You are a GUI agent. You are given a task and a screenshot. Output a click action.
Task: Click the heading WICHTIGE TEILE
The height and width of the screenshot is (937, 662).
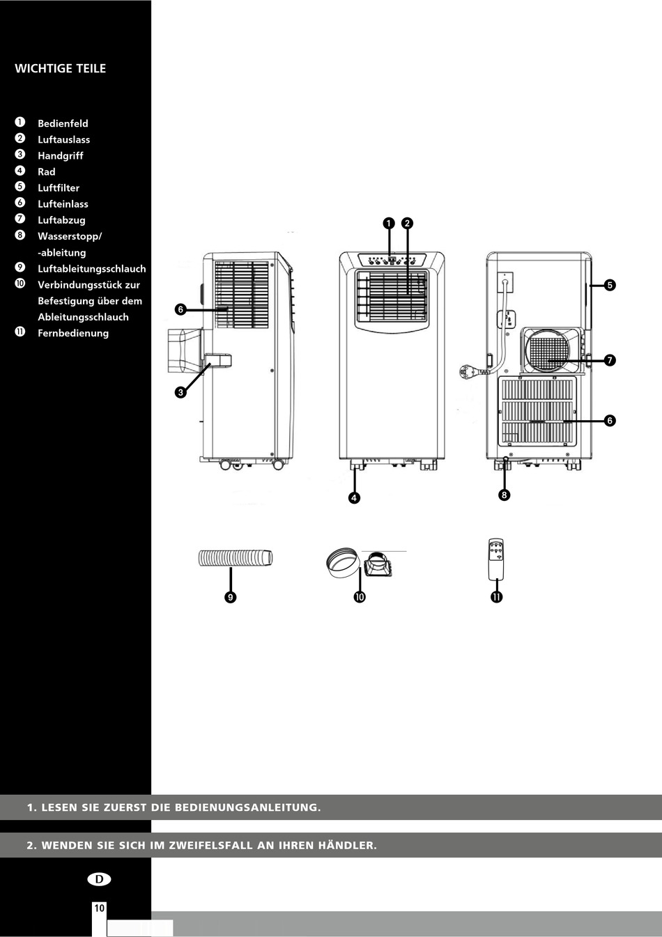[x=60, y=68]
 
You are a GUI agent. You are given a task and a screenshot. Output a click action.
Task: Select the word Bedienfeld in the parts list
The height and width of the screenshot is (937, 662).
[x=63, y=123]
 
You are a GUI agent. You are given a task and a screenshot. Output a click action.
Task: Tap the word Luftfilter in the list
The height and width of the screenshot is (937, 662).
[x=59, y=188]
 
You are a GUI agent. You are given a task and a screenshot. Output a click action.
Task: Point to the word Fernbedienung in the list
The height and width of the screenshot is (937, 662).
[x=73, y=333]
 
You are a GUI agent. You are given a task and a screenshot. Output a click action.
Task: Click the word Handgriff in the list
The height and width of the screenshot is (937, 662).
[x=61, y=155]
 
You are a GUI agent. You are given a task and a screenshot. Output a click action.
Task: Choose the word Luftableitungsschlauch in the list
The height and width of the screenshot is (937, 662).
[x=92, y=269]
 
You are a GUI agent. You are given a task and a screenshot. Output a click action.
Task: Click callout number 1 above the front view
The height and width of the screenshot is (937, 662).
[x=389, y=223]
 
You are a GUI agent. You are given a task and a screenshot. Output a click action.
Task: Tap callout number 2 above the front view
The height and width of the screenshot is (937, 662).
[x=408, y=223]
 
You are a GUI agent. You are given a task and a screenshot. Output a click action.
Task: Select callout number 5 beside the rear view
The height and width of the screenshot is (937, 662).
[x=610, y=285]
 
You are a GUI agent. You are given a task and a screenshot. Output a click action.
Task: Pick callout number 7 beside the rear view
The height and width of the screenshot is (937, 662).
[x=610, y=360]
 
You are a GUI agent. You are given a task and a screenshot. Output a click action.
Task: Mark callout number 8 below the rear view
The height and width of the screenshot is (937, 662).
[x=504, y=495]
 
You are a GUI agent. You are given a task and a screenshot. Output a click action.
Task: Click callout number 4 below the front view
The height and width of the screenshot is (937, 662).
[x=355, y=497]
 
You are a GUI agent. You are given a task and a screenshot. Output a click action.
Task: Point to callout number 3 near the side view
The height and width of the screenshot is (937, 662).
[x=180, y=392]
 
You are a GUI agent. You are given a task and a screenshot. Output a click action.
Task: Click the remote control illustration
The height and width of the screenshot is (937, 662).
[x=495, y=559]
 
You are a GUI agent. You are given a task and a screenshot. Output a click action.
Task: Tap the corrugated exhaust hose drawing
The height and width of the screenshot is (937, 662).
[x=236, y=558]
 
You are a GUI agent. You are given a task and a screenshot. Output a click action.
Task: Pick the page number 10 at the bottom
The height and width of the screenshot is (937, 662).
[x=99, y=908]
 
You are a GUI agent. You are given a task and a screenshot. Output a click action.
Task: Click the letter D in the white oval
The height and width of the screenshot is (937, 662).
[x=99, y=879]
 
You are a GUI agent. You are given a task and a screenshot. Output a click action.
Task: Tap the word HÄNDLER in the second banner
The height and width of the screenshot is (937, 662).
[x=347, y=845]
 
